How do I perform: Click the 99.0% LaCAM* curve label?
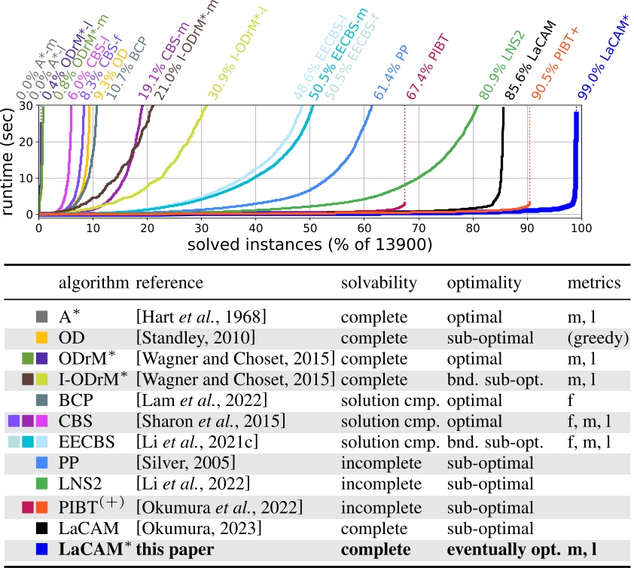(x=602, y=63)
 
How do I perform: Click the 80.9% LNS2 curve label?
(x=501, y=66)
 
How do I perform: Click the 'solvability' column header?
(x=378, y=283)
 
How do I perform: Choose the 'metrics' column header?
(x=594, y=283)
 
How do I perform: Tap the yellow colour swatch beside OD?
(x=42, y=337)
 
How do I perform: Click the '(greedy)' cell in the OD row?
(x=598, y=337)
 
